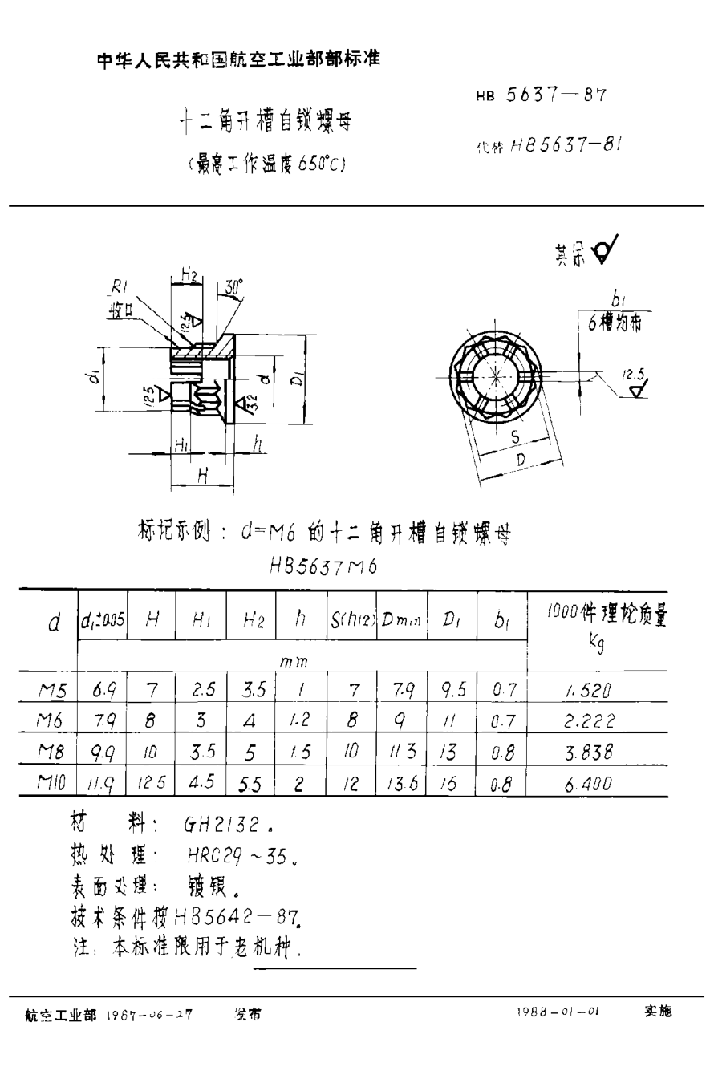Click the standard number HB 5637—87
pyautogui.click(x=541, y=95)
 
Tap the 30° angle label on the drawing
pyautogui.click(x=233, y=286)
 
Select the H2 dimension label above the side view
pyautogui.click(x=190, y=275)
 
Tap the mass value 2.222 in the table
pyautogui.click(x=589, y=721)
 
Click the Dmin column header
pyautogui.click(x=402, y=619)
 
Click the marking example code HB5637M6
pyautogui.click(x=324, y=567)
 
